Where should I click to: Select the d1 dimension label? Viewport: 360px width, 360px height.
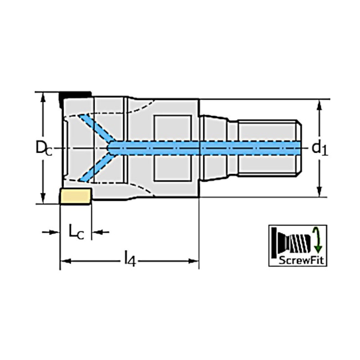click(x=319, y=147)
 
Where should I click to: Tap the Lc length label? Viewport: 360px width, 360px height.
click(x=76, y=232)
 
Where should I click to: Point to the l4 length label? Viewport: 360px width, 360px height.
click(x=129, y=258)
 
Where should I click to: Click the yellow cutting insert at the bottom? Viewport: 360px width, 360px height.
click(x=75, y=196)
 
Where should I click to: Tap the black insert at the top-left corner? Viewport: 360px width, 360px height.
click(x=75, y=95)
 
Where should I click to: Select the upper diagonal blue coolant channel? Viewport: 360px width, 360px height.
click(x=95, y=128)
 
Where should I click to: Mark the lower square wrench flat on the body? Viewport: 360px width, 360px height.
click(x=172, y=168)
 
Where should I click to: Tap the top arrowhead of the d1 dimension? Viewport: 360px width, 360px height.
click(x=319, y=104)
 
